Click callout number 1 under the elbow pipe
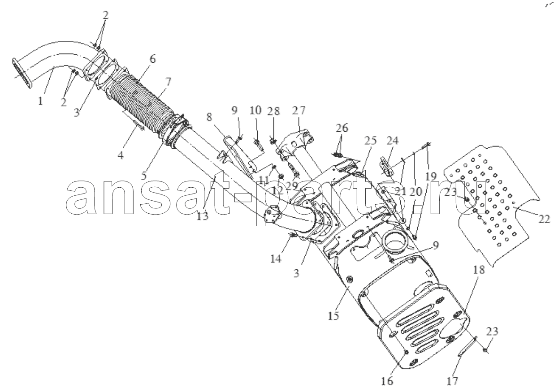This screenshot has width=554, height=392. tap(40, 101)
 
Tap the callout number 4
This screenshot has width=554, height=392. tap(121, 155)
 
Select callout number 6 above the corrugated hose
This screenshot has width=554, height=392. tap(152, 59)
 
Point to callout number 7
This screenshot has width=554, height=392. tap(168, 82)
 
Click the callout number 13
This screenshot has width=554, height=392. tap(203, 216)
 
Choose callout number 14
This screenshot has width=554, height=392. tap(276, 258)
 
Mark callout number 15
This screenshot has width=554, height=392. tap(333, 316)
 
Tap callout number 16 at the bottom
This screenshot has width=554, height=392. tap(387, 381)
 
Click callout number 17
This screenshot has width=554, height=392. tap(452, 381)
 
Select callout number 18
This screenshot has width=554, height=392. tap(479, 269)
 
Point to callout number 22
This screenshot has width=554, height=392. tap(544, 219)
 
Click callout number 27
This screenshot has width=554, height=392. tap(299, 111)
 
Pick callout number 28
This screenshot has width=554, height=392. tap(273, 111)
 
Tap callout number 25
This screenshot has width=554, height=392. tap(370, 140)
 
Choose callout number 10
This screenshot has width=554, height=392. tap(255, 110)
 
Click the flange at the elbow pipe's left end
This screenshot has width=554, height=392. tap(22, 73)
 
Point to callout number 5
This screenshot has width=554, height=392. tap(144, 176)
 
